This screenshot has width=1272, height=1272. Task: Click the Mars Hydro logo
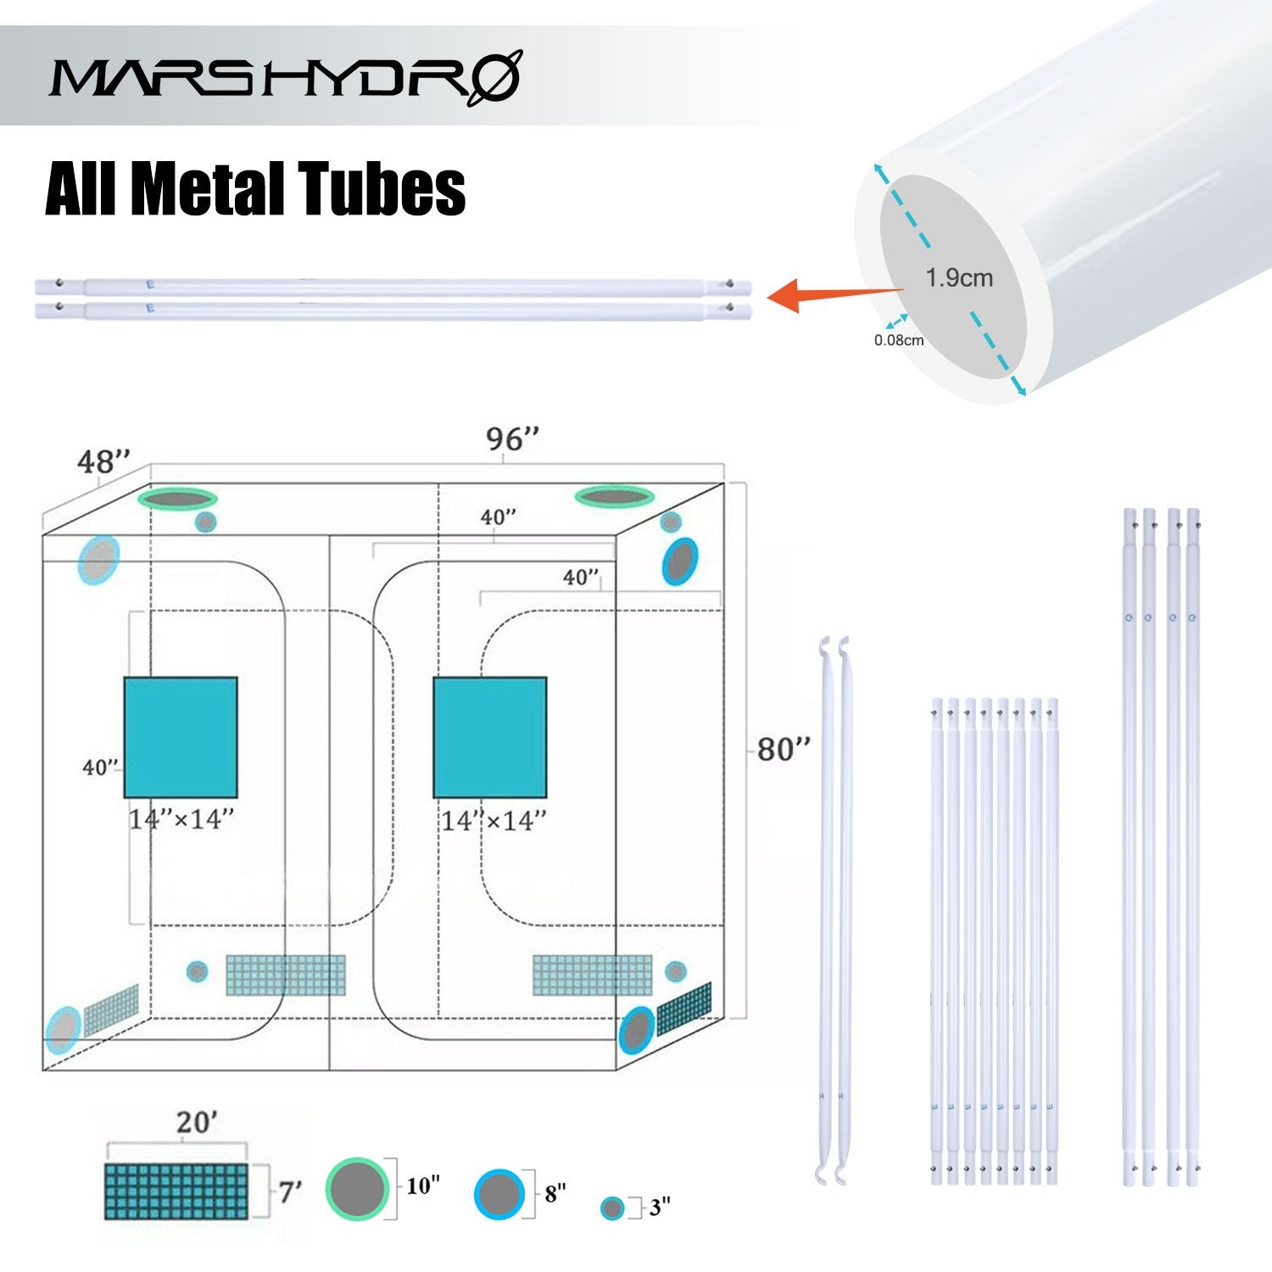click(x=285, y=78)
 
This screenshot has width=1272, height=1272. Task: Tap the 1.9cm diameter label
click(x=959, y=278)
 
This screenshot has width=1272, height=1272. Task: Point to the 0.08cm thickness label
click(x=899, y=341)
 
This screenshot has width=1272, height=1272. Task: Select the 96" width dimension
click(x=512, y=439)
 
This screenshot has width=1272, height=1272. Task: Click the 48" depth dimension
click(x=103, y=462)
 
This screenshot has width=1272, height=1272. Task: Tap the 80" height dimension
click(x=783, y=750)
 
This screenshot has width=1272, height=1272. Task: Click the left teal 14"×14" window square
click(x=181, y=737)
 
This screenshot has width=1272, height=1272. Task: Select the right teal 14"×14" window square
click(x=490, y=737)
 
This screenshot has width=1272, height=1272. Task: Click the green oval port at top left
click(x=178, y=499)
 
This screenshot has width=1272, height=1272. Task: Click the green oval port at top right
click(x=614, y=496)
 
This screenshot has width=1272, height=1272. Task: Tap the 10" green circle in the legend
click(x=357, y=1189)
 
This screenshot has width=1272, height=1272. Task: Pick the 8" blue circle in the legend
click(x=499, y=1194)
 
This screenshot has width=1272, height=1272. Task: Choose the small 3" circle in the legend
click(x=612, y=1208)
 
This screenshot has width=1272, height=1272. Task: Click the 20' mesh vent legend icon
click(x=176, y=1191)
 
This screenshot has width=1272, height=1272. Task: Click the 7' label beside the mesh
click(x=290, y=1192)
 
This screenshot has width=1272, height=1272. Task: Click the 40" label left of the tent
click(x=100, y=767)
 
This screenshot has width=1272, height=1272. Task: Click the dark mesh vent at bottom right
click(x=684, y=1007)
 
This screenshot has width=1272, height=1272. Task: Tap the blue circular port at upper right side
click(x=680, y=561)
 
